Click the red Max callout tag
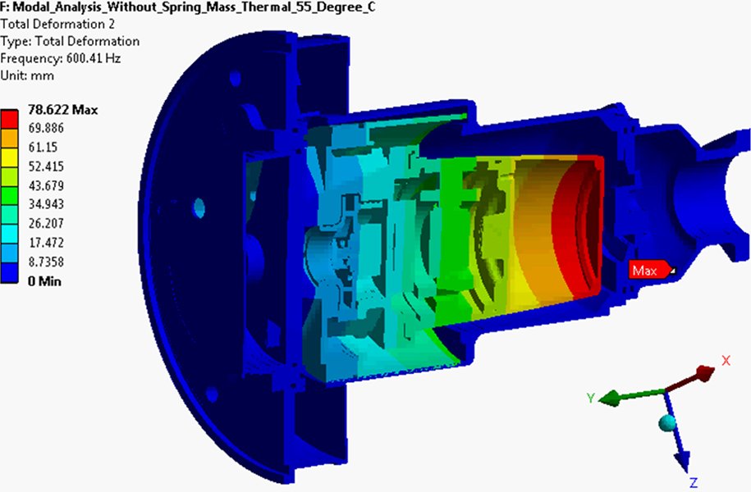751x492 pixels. coord(649,271)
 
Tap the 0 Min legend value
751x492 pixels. coord(45,281)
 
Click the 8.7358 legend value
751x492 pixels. coord(48,262)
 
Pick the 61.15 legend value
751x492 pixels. coord(44,147)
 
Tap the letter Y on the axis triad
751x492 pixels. coord(589,397)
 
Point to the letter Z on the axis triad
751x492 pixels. coord(694,481)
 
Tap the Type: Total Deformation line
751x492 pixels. coord(70,41)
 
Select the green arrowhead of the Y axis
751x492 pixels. coord(608,399)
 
